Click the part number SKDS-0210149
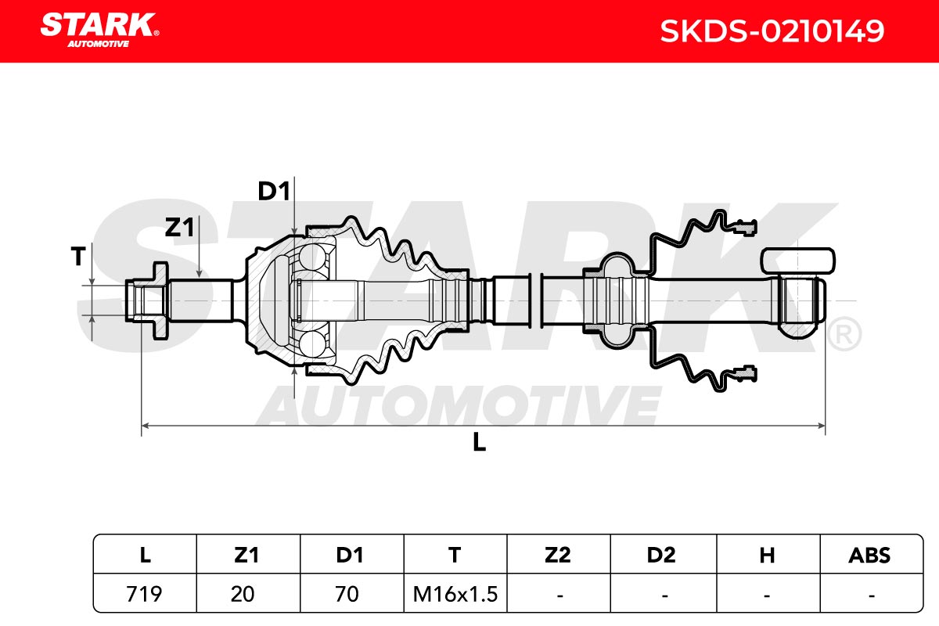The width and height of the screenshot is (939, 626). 772,31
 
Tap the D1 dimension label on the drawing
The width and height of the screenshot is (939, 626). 274,191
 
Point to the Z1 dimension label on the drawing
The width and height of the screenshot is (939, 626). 179,227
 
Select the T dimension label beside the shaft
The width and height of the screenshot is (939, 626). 78,256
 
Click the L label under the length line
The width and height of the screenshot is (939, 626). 479,442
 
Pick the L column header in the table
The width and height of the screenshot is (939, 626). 145,556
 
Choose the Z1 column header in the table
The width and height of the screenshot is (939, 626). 246,556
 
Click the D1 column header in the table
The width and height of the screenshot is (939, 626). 350,556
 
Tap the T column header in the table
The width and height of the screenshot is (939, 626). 455,556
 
